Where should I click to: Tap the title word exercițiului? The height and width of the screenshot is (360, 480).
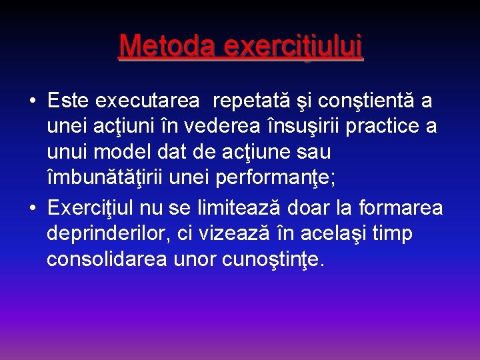[x=293, y=46]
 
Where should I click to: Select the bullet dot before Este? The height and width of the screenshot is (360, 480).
[x=32, y=101]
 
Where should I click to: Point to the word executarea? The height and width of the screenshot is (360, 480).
[x=147, y=101]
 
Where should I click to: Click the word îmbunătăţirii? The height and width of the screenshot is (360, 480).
[x=107, y=178]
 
